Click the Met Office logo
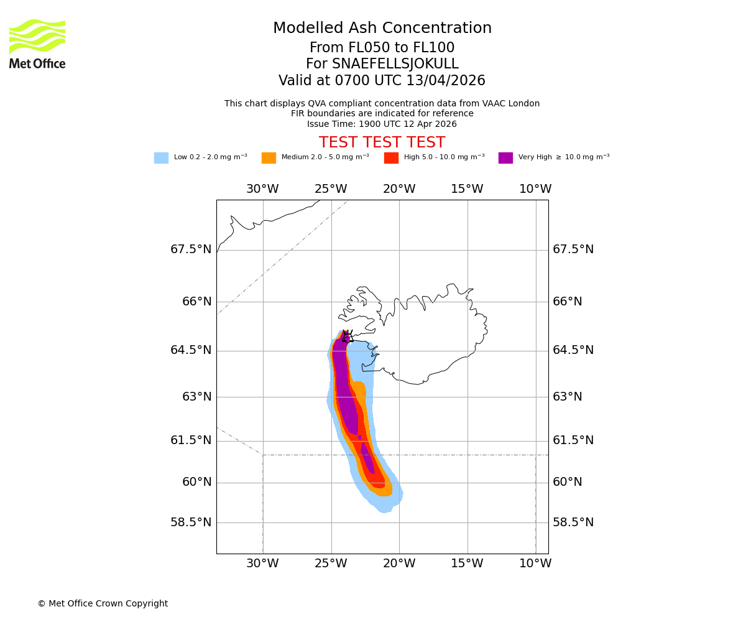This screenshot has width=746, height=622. coord(37,44)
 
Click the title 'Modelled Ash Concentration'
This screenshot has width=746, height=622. coord(382,29)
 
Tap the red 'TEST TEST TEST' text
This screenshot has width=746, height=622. coord(382,143)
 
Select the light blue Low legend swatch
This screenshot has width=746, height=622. coord(161,158)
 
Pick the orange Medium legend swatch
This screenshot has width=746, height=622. coord(269,158)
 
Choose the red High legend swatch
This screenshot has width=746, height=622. coord(391,158)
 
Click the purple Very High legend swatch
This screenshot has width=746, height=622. coord(505,158)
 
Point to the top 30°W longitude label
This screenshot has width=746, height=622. coord(262,189)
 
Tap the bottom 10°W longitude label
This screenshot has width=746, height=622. coord(535,564)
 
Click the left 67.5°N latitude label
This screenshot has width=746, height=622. coord(191,249)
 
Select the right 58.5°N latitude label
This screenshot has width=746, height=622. coord(573,522)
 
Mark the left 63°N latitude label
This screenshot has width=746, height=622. coord(197,397)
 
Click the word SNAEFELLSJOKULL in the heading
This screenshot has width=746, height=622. coord(396,64)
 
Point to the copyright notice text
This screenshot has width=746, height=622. coord(103,604)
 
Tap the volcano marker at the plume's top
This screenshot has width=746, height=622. coord(347,337)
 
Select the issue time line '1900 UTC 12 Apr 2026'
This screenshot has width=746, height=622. coord(382,124)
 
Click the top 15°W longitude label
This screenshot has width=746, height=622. coord(467,189)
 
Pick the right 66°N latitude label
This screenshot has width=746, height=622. coord(568,302)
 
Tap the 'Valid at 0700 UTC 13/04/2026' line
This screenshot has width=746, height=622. coord(382,81)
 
